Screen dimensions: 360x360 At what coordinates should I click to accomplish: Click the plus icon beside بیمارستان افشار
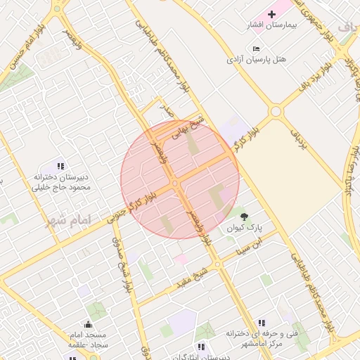[272, 14]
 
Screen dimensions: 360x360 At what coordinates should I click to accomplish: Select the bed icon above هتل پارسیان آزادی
[255, 48]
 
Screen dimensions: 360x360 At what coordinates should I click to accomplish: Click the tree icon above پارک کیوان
[244, 217]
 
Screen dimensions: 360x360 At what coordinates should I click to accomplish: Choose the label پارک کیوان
[244, 229]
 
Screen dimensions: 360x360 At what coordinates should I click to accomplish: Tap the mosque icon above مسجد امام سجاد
[88, 324]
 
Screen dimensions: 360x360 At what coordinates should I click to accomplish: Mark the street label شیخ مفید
[199, 273]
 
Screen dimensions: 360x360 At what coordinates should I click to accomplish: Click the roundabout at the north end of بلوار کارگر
[276, 111]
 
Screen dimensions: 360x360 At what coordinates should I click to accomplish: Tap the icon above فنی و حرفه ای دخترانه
[262, 322]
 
